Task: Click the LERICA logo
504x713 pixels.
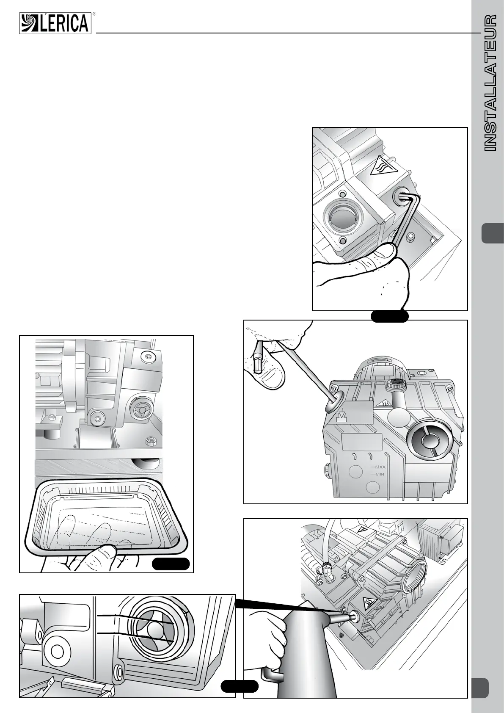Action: tap(55, 23)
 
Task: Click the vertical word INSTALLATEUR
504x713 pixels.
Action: tap(489, 83)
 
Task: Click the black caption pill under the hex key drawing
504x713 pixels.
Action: tap(389, 316)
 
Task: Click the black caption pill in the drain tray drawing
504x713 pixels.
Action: tap(171, 564)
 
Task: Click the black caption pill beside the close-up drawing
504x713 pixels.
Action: tap(240, 686)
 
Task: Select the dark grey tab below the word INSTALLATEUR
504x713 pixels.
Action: tap(493, 233)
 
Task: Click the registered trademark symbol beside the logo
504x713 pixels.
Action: tap(94, 14)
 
